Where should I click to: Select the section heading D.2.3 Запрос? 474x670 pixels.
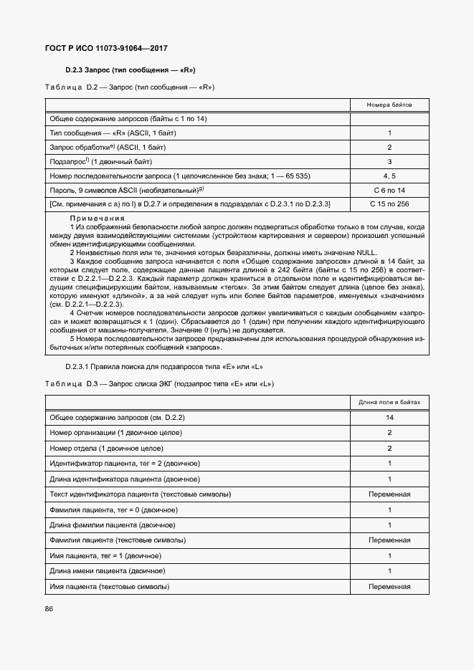(131, 70)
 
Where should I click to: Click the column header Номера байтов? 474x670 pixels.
(389, 104)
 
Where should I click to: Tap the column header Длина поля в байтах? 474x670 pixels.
(389, 402)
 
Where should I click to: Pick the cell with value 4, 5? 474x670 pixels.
(389, 176)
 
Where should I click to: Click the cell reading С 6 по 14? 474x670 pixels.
(389, 190)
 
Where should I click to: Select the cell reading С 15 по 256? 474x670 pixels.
(389, 204)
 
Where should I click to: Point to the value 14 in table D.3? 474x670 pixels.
(389, 417)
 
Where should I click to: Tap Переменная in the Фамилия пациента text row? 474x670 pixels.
(389, 540)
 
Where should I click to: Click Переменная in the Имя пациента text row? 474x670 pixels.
(389, 587)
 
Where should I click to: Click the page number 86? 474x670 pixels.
(49, 609)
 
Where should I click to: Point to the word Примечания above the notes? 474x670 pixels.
(98, 219)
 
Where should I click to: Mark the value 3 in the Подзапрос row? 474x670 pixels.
(389, 162)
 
